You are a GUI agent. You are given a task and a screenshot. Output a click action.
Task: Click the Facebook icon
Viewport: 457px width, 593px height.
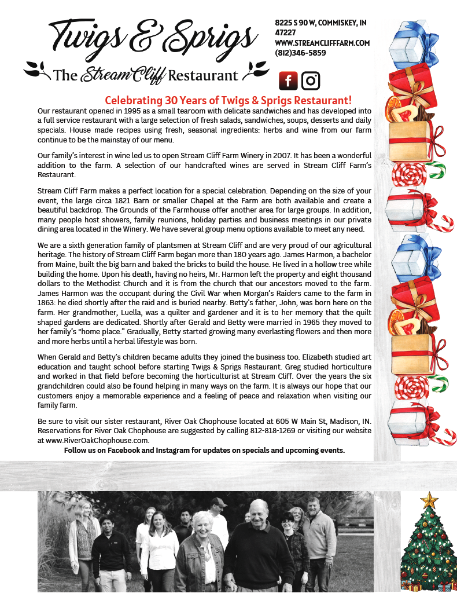point(288,81)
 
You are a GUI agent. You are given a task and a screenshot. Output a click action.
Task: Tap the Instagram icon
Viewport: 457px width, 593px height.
point(311,81)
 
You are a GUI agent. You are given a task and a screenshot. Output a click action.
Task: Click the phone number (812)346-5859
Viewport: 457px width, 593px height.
point(300,53)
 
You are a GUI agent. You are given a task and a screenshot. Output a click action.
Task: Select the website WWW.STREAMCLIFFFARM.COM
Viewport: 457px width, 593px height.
point(322,43)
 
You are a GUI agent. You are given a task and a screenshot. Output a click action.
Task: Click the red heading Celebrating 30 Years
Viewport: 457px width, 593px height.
point(228,100)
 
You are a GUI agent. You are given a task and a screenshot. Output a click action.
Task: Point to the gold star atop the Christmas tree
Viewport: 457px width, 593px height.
point(429,500)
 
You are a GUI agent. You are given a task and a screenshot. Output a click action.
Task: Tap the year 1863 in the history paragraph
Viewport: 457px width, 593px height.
point(47,303)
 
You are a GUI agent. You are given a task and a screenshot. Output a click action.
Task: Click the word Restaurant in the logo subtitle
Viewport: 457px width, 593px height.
point(203,75)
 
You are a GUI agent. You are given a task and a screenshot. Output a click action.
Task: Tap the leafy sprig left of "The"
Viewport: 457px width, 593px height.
point(37,72)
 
